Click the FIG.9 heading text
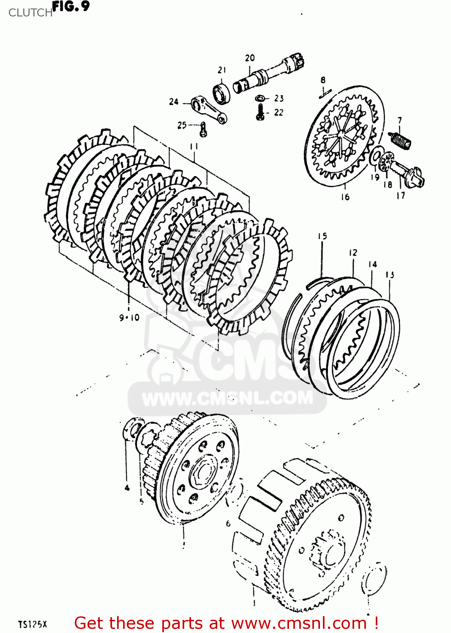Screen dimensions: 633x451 (x=71, y=6)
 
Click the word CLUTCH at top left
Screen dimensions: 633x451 (x=30, y=13)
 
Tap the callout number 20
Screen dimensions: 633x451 (x=250, y=58)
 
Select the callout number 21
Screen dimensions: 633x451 (x=222, y=70)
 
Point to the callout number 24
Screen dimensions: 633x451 (x=174, y=102)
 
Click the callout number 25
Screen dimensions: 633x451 (x=182, y=125)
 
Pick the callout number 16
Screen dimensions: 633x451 (x=345, y=197)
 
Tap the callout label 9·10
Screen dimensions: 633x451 (x=129, y=317)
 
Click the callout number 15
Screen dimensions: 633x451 (x=323, y=236)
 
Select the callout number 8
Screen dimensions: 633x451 (x=323, y=80)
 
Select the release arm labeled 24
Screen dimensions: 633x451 (x=208, y=110)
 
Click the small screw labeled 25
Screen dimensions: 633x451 (x=204, y=129)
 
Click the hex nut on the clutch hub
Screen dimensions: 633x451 (x=203, y=470)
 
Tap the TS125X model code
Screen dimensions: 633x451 (x=33, y=624)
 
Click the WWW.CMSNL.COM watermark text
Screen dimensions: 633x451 (x=227, y=398)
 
